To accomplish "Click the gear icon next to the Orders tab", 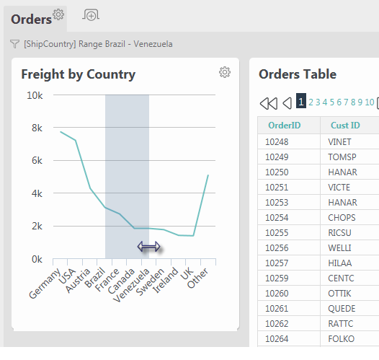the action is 58,14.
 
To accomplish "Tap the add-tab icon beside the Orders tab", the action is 91,15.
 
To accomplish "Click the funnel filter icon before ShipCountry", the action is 14,44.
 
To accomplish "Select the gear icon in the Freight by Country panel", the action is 225,72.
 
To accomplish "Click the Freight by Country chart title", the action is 79,74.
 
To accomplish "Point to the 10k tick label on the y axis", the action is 35,95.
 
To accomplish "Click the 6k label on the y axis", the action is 37,160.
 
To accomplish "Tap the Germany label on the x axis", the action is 45,284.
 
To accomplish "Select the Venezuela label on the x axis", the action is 131,285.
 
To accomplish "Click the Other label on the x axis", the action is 197,278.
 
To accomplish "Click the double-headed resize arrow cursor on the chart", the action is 148,247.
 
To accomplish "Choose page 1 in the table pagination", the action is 301,101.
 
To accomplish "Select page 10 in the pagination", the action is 370,102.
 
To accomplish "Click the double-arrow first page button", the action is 269,103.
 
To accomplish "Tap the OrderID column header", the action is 284,126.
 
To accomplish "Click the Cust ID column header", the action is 345,126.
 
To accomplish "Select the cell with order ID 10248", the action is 277,142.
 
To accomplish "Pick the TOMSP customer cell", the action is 342,157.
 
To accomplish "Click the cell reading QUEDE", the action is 342,309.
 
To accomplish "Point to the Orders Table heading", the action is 298,74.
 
